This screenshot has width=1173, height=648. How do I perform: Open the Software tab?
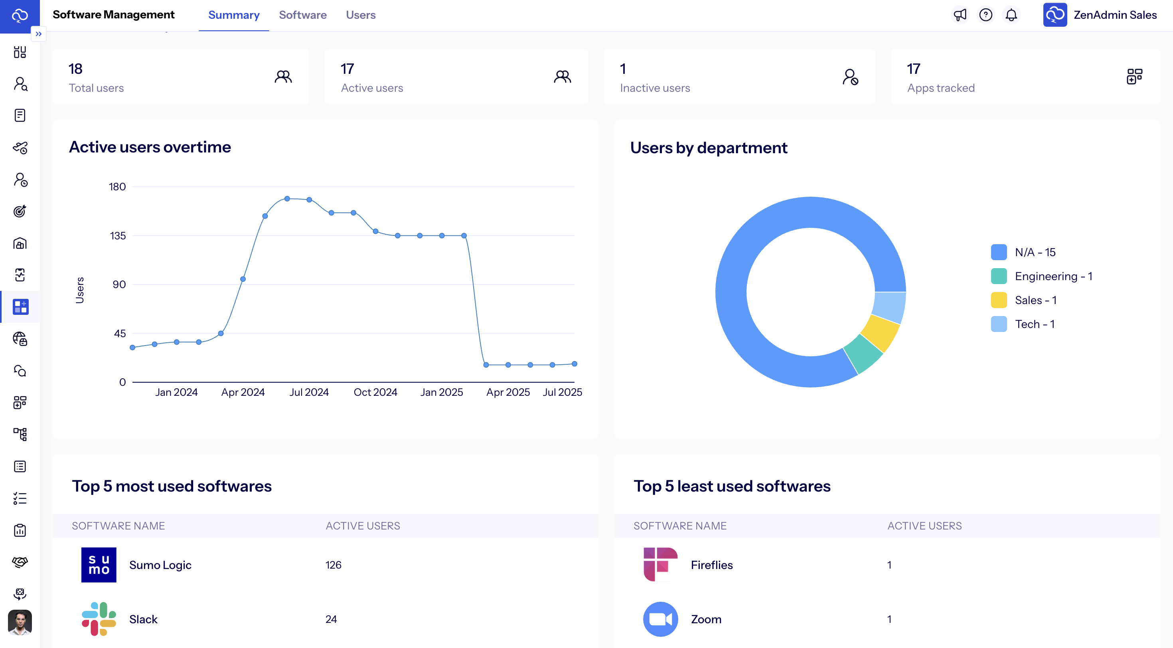click(302, 15)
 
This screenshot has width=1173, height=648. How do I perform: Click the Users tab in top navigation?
click(360, 15)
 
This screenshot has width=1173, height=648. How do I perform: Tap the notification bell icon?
click(1011, 15)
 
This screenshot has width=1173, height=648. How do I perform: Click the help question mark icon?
click(985, 15)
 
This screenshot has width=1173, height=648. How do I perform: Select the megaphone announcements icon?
click(960, 15)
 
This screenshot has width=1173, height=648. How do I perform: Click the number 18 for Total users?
click(75, 69)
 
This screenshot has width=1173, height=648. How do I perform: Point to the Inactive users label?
click(654, 88)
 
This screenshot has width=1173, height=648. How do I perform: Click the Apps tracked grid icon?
click(1134, 77)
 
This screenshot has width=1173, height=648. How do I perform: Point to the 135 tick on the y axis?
click(117, 235)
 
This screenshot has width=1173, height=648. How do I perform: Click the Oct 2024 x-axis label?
click(375, 392)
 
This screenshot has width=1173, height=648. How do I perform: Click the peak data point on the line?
click(287, 199)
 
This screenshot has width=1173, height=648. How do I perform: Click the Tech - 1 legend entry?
click(1034, 324)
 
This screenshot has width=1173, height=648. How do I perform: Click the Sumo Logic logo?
click(99, 565)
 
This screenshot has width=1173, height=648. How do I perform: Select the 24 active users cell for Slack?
click(331, 619)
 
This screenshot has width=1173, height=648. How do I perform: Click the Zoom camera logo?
click(660, 619)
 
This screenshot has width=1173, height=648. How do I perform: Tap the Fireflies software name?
click(711, 565)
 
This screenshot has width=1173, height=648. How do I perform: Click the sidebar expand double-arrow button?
click(39, 34)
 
